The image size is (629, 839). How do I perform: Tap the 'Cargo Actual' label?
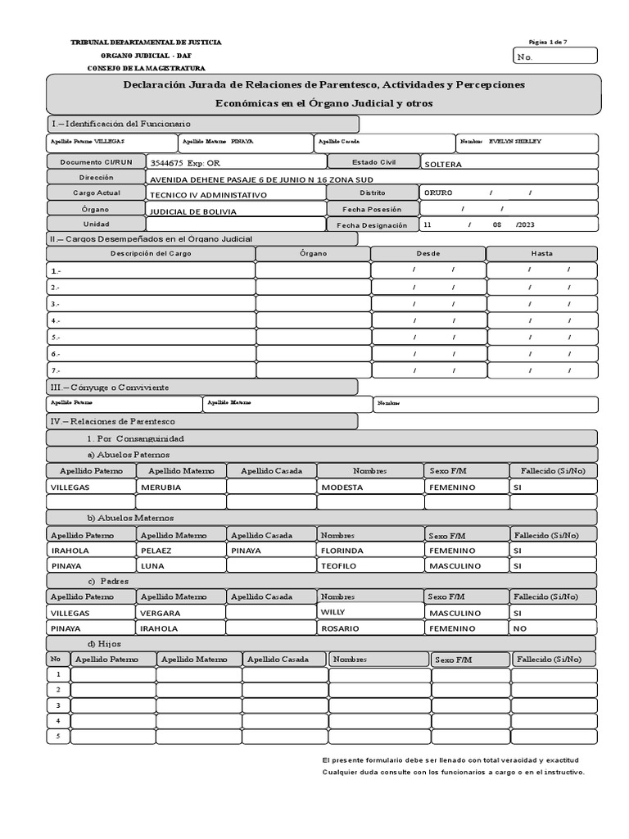[96, 193]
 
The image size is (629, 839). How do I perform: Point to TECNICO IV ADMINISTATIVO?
[208, 195]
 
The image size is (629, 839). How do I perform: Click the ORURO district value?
[438, 193]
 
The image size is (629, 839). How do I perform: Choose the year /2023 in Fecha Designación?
[525, 224]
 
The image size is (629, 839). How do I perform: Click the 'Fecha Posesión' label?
[372, 210]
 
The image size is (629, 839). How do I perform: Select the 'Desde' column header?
[428, 253]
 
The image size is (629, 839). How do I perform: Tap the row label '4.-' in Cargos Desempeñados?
[56, 320]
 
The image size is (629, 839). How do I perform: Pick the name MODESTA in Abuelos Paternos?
[342, 487]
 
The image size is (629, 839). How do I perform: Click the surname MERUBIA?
[161, 487]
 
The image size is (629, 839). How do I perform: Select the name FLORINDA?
[342, 551]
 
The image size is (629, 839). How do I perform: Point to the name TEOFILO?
[340, 565]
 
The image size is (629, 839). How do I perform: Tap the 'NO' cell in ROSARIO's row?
[519, 628]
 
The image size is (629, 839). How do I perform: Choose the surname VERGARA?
[161, 613]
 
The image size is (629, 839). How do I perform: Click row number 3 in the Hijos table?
[57, 705]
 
